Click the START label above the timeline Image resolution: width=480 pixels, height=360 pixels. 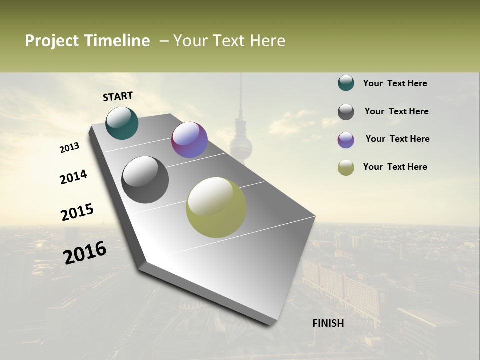(x=118, y=96)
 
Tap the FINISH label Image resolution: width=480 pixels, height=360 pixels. (x=328, y=323)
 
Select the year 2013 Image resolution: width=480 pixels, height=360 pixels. (x=70, y=148)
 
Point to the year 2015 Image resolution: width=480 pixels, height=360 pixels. (x=77, y=212)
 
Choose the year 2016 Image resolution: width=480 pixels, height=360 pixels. (x=85, y=253)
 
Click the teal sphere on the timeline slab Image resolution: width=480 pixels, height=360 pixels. (x=122, y=123)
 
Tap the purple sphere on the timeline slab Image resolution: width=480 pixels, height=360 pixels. (x=189, y=140)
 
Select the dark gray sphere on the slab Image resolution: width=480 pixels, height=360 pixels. (x=145, y=180)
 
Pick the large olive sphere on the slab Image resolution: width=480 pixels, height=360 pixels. (x=216, y=207)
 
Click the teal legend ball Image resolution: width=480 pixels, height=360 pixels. (x=346, y=83)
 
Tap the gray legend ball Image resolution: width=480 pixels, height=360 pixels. (x=346, y=112)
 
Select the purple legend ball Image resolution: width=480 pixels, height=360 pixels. (x=346, y=140)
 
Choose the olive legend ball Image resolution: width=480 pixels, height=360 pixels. (x=346, y=167)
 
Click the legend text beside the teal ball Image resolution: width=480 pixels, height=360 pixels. (x=395, y=83)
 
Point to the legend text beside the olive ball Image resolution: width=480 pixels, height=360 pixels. (x=395, y=167)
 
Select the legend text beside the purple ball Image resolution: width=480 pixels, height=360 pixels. (x=397, y=139)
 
